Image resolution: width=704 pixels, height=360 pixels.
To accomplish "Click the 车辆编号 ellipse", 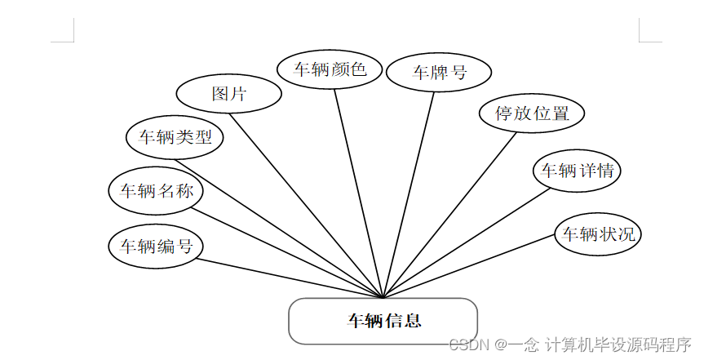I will [156, 246].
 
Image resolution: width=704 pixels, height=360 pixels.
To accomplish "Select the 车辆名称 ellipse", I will [157, 192].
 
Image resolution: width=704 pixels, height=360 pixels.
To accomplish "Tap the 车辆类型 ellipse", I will [175, 137].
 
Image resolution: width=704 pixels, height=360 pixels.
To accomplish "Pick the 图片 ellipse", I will [228, 94].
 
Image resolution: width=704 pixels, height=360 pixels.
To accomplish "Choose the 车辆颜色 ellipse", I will [330, 69].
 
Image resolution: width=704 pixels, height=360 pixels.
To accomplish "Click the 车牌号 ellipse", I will [439, 72].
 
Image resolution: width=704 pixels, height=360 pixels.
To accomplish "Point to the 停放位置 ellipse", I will [532, 113].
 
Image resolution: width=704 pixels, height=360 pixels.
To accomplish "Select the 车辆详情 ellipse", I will [578, 171].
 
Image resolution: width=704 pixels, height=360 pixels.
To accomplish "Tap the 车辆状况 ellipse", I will [598, 234].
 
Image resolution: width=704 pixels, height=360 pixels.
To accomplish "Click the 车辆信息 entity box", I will [383, 321].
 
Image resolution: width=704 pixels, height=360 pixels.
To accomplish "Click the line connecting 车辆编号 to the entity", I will [290, 278].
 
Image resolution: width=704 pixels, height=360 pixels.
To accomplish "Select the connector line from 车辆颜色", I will [359, 193].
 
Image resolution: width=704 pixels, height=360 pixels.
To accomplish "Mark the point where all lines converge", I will [383, 297].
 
